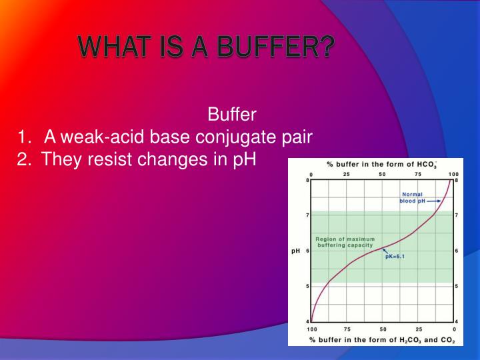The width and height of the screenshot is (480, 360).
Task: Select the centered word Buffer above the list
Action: click(232, 114)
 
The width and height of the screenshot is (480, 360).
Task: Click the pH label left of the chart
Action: click(296, 251)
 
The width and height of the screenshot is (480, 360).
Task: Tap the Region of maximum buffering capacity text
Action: click(345, 241)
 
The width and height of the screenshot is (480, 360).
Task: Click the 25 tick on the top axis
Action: click(347, 175)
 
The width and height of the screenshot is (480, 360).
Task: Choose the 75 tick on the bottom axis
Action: click(347, 329)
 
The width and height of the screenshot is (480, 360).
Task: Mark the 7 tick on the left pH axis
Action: click(307, 215)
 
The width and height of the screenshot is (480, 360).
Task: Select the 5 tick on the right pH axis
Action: click(456, 287)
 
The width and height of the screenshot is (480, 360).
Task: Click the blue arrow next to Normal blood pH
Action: click(434, 201)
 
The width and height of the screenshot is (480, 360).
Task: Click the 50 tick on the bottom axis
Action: click(383, 329)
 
